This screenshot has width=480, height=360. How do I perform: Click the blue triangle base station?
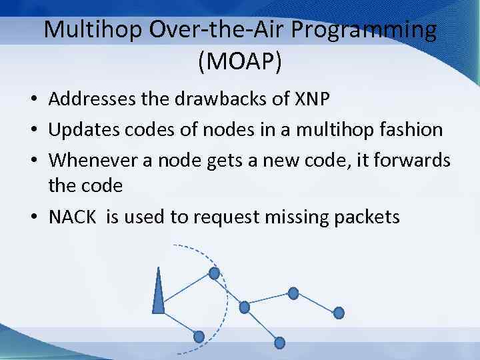coord(159,293)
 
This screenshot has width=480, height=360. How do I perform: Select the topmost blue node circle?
coord(214,273)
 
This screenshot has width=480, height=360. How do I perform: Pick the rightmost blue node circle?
coord(339,312)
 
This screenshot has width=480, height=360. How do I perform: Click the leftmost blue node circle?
coord(199,337)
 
